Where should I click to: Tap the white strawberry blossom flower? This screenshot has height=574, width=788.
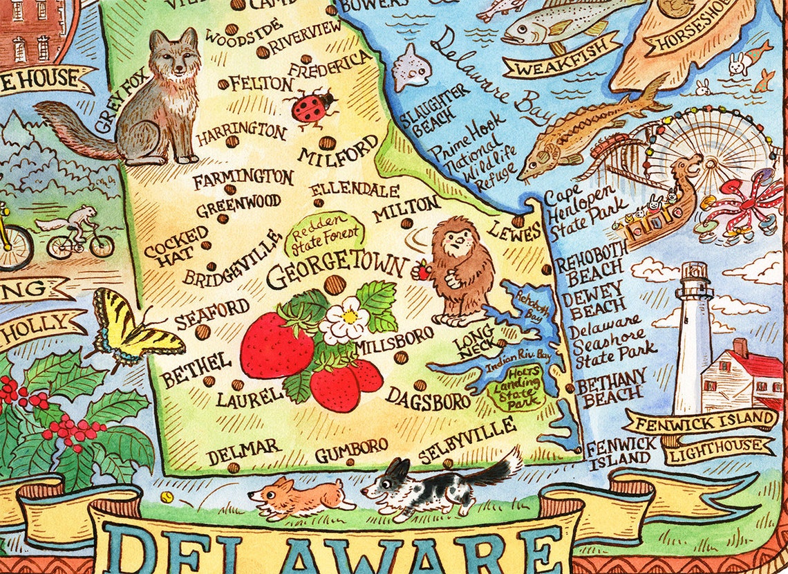pyautogui.click(x=344, y=319)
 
